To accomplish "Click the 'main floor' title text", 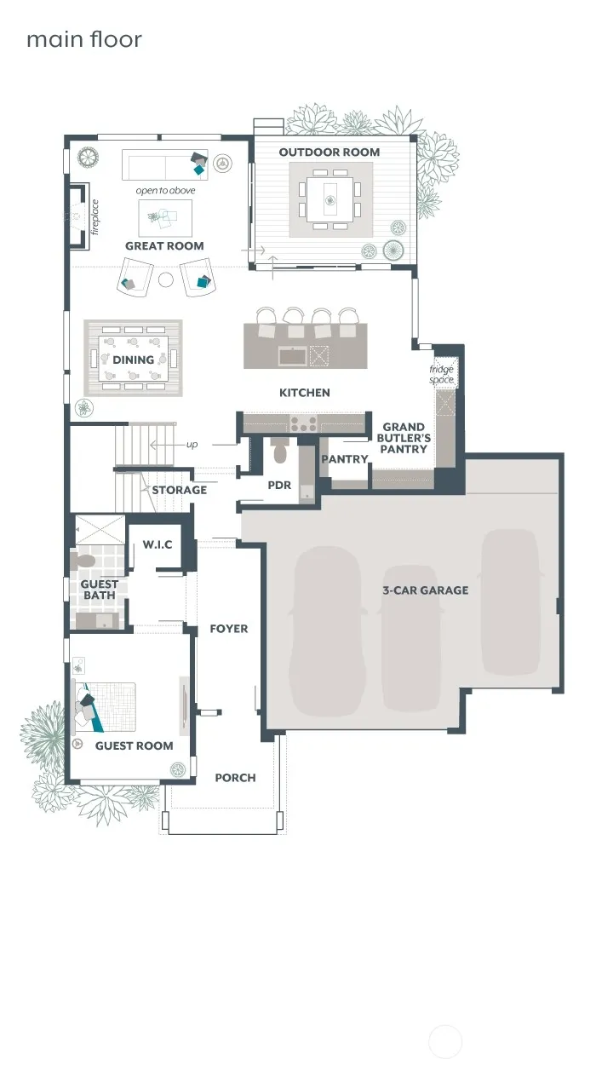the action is point(84,39).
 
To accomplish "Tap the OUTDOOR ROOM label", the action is point(330,153).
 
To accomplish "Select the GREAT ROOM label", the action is point(164,246).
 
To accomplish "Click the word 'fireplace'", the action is point(95,217).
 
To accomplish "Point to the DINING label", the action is point(133,360).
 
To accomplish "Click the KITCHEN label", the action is point(305,393).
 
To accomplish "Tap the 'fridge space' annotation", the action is point(442,374).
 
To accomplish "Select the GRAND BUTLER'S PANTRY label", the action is point(404,438).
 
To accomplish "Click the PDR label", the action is point(279,485).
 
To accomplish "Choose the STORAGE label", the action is point(180,490).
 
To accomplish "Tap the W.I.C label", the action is point(158,545).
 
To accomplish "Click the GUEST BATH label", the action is point(99,590).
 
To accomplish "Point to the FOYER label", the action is point(229,629).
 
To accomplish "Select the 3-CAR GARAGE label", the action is point(425,590).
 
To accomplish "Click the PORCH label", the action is point(235,778).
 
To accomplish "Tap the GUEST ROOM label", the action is point(135,745).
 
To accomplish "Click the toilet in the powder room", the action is point(279,452).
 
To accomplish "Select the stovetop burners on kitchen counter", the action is point(303,423).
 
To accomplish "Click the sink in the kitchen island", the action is point(292,356).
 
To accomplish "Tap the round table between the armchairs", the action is point(165,279).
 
